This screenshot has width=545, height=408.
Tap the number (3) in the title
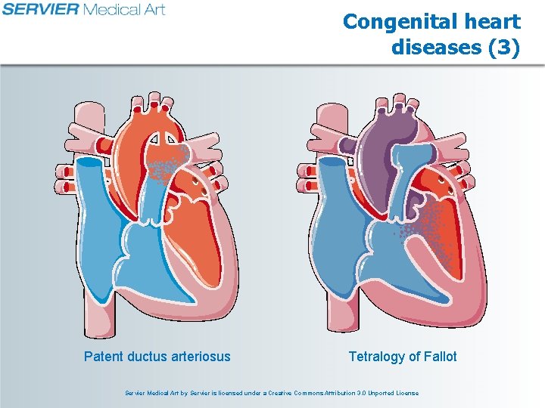pyautogui.click(x=503, y=47)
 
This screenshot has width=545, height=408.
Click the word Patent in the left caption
pyautogui.click(x=104, y=356)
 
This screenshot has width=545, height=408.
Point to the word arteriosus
pyautogui.click(x=198, y=356)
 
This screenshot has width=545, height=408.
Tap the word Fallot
pyautogui.click(x=438, y=356)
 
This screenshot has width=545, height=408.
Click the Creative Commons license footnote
pyautogui.click(x=272, y=393)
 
